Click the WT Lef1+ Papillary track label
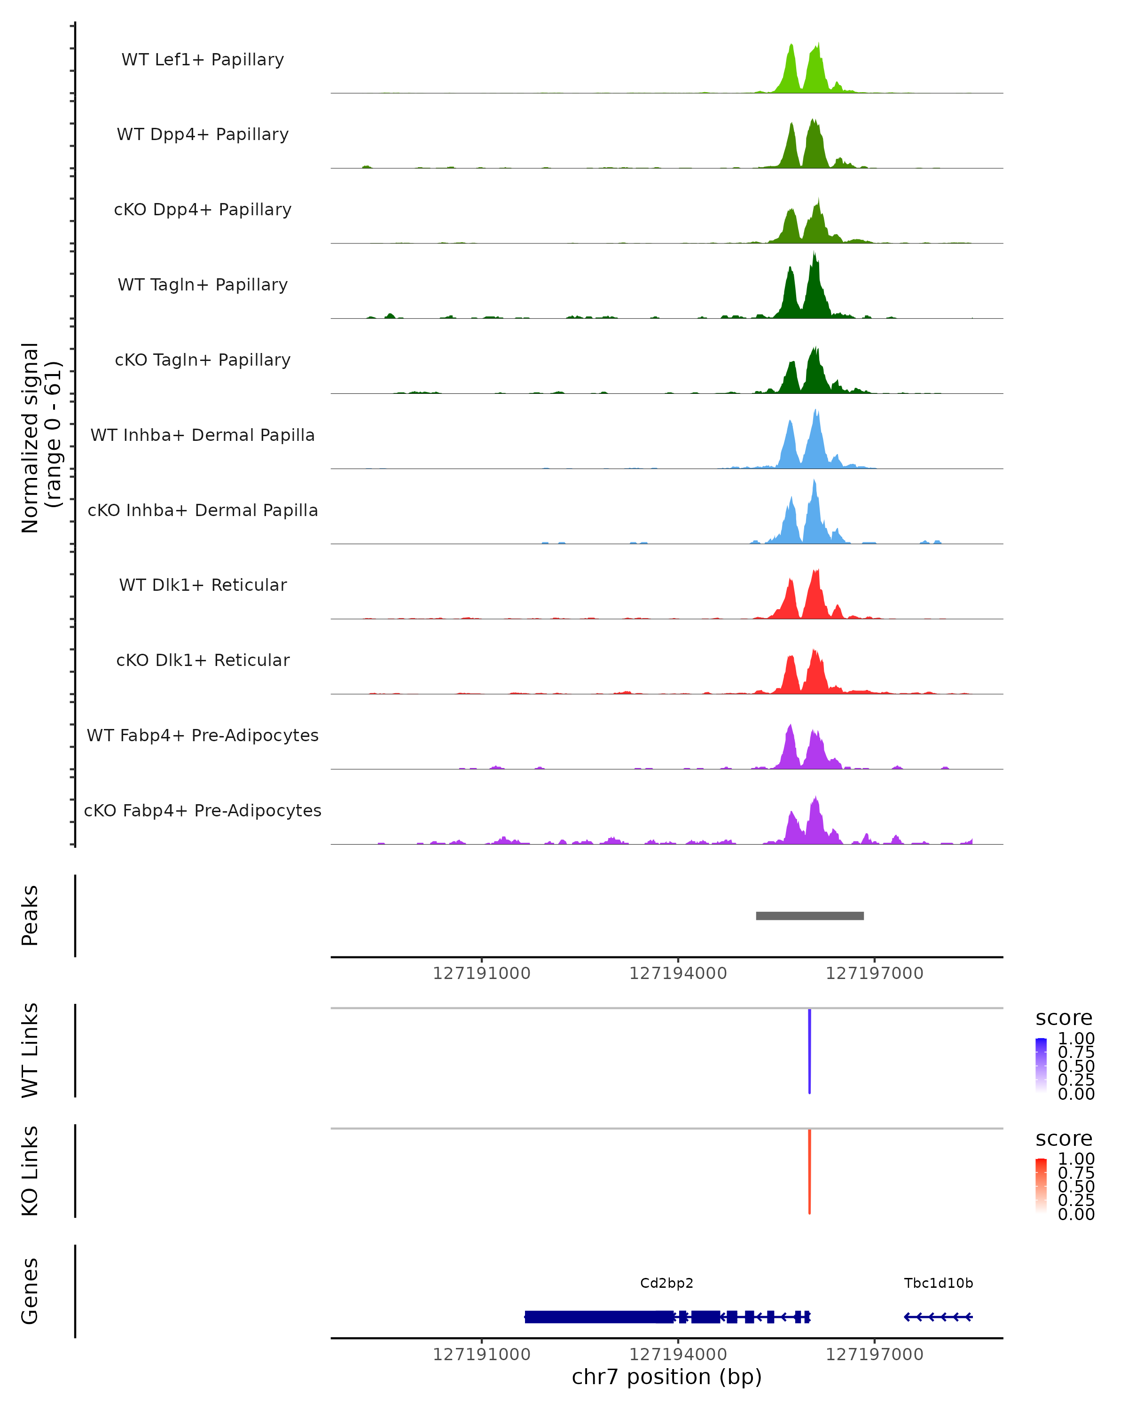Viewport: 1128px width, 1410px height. point(203,60)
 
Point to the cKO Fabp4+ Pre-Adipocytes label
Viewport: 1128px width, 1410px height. point(203,810)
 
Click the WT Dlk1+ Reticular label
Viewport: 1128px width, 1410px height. point(203,585)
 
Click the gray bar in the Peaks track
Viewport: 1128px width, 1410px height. point(809,916)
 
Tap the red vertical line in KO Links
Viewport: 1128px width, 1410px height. point(809,1171)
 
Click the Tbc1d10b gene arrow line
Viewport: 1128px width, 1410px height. point(939,1316)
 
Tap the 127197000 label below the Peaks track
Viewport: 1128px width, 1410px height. point(874,973)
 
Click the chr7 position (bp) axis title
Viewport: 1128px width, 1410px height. point(666,1377)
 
